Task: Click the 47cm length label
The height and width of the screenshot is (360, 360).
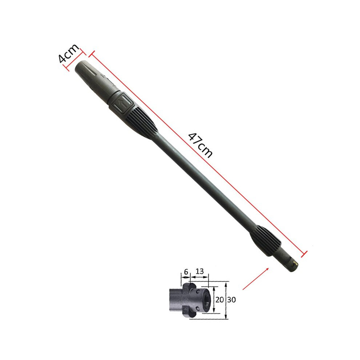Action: pos(200,145)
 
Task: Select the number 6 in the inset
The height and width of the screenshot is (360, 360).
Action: pos(186,272)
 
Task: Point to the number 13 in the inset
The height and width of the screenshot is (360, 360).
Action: pos(200,271)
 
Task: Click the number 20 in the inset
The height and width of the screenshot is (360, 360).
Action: pos(220,300)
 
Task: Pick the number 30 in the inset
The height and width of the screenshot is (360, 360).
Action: pos(232,300)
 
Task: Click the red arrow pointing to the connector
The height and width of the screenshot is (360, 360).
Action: pos(256,279)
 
